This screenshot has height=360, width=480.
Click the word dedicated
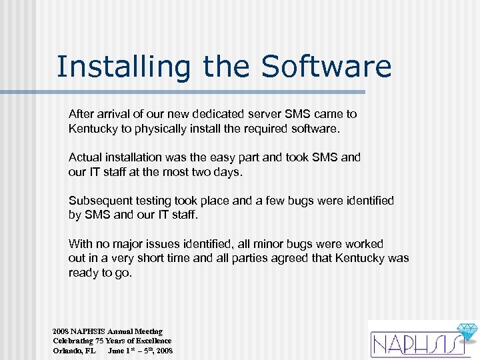click(218, 114)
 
